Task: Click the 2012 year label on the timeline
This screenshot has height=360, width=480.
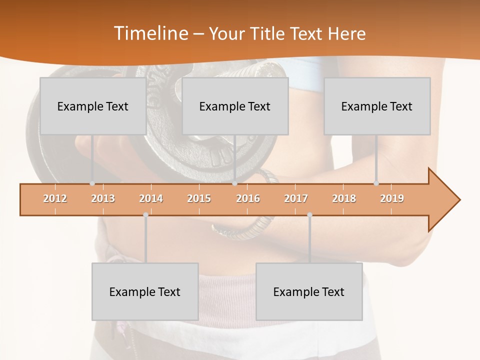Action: click(55, 198)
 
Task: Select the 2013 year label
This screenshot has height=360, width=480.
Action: click(103, 198)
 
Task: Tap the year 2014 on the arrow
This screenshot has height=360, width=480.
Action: click(151, 198)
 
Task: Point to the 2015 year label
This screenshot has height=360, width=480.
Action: click(199, 198)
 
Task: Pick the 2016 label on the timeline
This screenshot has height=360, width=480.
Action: click(248, 198)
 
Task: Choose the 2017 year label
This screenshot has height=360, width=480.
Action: click(296, 198)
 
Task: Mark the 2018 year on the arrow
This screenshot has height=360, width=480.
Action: click(344, 198)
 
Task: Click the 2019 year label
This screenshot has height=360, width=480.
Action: click(392, 198)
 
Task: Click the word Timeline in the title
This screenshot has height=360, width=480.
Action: click(149, 33)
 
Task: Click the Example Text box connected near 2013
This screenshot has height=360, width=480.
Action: click(93, 106)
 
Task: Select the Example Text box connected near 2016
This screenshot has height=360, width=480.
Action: click(235, 106)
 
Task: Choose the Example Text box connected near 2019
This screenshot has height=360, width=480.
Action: click(377, 106)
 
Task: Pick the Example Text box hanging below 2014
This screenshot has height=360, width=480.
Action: click(145, 291)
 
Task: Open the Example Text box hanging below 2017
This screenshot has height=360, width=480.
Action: click(309, 291)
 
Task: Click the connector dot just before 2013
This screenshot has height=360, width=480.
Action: click(92, 183)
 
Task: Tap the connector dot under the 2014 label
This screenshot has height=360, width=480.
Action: click(145, 215)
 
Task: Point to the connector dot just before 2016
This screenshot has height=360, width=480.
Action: click(234, 183)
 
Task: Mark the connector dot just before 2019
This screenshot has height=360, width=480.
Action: click(376, 183)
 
